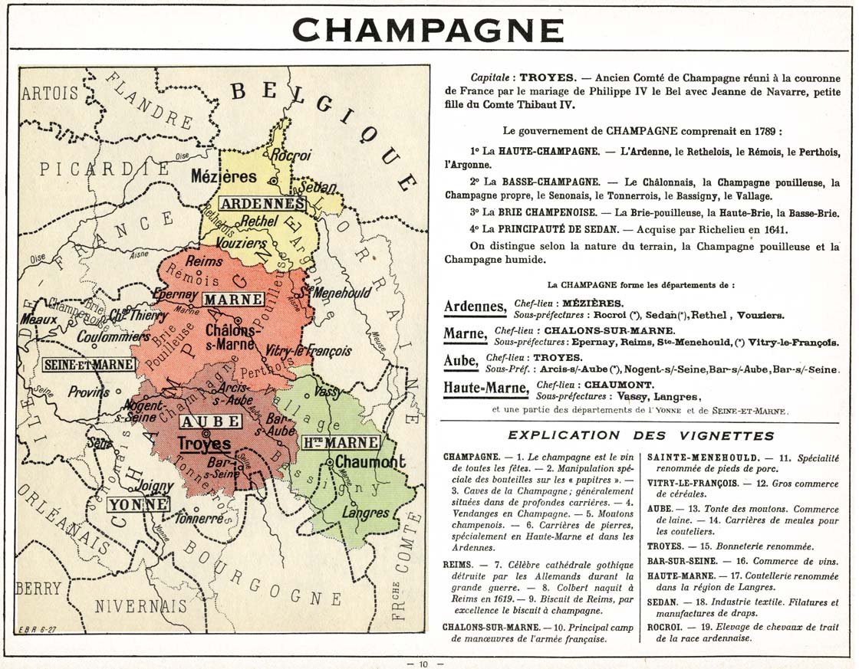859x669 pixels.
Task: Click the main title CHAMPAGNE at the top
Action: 429,30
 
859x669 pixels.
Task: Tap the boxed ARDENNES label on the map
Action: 261,204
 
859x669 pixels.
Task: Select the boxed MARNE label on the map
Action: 233,299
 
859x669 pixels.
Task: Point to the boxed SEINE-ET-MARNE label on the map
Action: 89,365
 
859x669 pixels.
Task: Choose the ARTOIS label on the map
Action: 50,93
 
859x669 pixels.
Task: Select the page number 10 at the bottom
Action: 423,663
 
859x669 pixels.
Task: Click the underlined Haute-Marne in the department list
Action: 485,389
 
